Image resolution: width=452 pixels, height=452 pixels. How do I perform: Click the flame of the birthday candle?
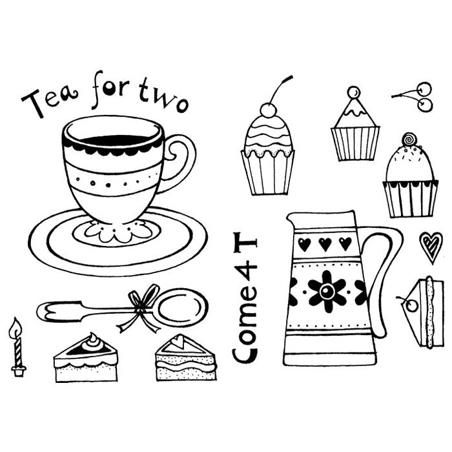tap(15, 327)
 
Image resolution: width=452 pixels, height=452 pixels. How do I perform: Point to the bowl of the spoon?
tap(181, 307)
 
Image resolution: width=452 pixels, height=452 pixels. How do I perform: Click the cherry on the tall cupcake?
tap(268, 110)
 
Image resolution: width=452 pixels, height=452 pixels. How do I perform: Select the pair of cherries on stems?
tap(415, 96)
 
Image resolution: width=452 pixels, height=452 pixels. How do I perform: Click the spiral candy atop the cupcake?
tap(409, 139)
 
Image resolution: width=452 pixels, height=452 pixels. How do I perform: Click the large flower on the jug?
tap(327, 291)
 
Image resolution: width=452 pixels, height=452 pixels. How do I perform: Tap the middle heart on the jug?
tap(325, 244)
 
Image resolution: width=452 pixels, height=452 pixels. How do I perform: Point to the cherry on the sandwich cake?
tap(411, 305)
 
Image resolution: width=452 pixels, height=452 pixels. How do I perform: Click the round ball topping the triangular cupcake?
tap(353, 92)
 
